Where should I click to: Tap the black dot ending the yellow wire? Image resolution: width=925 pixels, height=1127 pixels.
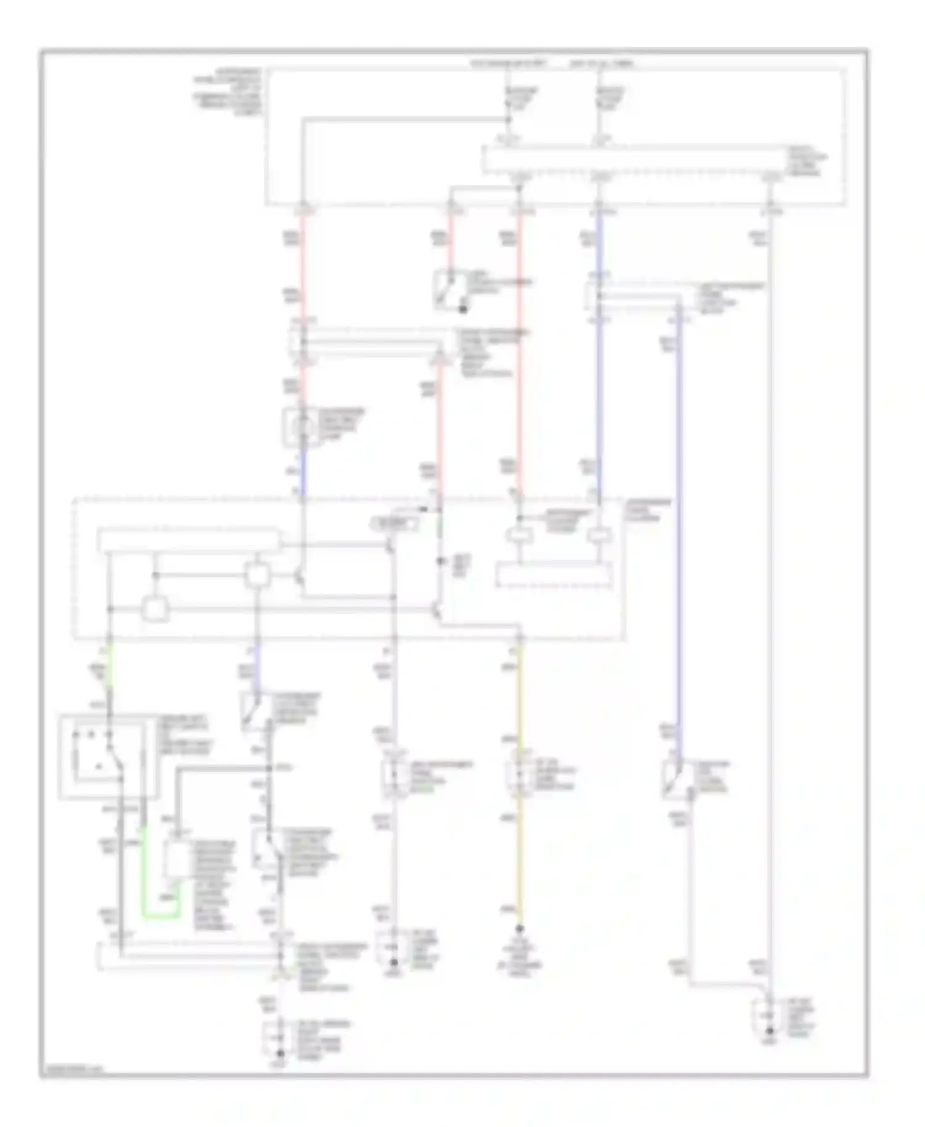519,929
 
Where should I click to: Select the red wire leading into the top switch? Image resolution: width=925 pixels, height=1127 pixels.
451,240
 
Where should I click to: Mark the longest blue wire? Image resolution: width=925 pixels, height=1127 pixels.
679,524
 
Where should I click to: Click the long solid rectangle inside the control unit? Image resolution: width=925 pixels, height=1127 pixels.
189,538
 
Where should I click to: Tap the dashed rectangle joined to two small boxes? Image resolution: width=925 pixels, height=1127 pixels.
555,575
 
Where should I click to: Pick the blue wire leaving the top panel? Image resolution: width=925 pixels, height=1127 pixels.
598,247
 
